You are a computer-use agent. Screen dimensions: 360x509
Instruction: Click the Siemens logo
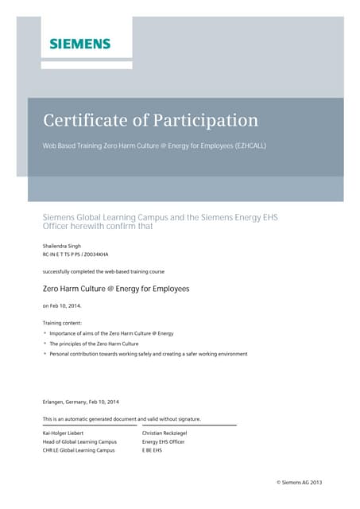79,44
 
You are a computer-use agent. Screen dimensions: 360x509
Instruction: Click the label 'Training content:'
61,323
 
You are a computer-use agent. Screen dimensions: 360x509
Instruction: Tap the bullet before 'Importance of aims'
45,333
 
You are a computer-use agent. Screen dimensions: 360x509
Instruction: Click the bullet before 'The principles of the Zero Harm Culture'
45,344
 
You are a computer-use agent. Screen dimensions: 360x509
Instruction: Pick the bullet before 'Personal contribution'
45,354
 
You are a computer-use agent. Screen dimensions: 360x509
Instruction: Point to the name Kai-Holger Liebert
66,433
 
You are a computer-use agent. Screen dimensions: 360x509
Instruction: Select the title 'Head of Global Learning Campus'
79,442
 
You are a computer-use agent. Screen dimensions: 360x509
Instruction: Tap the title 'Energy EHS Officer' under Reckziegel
163,442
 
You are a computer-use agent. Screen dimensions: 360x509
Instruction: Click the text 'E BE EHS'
152,451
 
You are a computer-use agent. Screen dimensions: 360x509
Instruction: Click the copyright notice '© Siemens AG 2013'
299,483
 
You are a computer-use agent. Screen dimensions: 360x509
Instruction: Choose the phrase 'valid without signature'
173,418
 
